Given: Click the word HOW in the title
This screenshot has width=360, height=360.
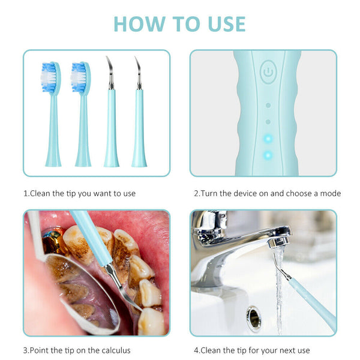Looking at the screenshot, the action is click(x=140, y=24).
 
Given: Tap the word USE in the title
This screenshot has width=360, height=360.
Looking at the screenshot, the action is click(x=227, y=24).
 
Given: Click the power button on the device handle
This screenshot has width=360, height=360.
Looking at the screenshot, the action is click(x=268, y=71).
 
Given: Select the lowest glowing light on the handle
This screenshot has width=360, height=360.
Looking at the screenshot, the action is click(x=268, y=155).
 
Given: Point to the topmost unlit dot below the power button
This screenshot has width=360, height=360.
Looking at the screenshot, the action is click(x=268, y=106).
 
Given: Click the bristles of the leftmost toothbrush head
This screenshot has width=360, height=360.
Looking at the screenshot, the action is click(x=49, y=77).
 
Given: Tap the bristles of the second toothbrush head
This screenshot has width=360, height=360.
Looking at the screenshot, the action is click(x=79, y=77).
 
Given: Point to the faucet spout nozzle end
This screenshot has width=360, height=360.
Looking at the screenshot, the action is click(x=278, y=242).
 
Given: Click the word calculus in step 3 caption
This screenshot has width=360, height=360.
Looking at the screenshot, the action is click(x=116, y=350).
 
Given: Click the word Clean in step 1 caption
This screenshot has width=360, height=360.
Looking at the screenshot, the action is click(x=40, y=194).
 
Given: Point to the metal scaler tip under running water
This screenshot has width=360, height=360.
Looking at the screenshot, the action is click(x=281, y=267).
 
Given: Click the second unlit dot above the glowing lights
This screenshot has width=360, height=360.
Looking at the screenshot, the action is click(x=268, y=122).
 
